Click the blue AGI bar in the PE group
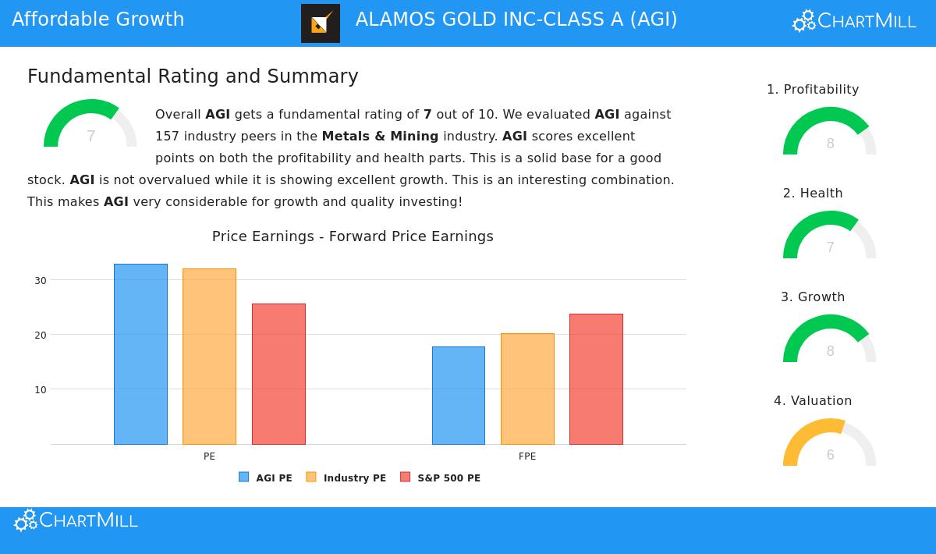coord(140,354)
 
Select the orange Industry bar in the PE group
coord(209,357)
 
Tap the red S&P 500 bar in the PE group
coord(278,374)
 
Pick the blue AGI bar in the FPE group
coord(459,396)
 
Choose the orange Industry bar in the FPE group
coord(527,389)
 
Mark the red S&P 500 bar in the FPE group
coord(596,379)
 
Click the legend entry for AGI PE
coord(266,478)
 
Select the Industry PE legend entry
coord(346,478)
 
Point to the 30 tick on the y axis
coord(41,280)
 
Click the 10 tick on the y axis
coord(41,389)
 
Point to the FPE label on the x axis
coord(527,456)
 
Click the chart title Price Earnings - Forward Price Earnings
coord(353,236)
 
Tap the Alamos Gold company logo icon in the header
coord(321,23)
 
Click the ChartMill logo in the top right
coord(854,21)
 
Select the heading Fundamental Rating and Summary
coord(193,76)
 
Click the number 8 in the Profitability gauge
coord(830,144)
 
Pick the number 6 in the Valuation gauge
coord(830,455)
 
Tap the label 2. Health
coord(813,193)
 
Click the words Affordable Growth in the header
coord(98,20)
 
